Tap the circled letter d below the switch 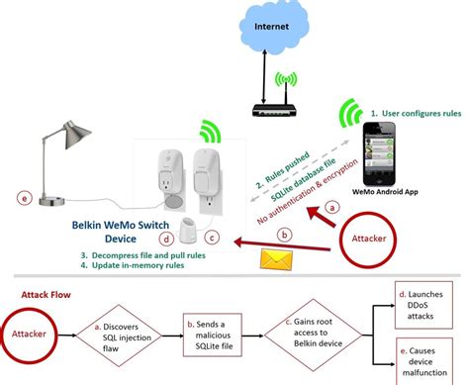tap(169, 238)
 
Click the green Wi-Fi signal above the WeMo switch tap(210, 131)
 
